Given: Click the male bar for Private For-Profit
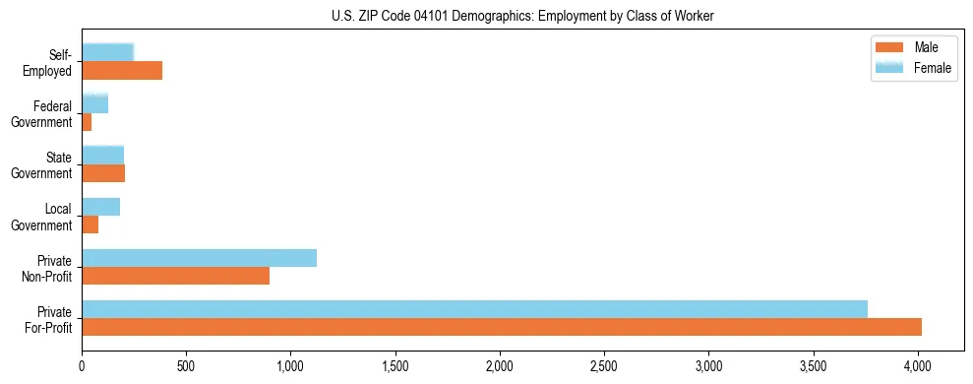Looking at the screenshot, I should [502, 327].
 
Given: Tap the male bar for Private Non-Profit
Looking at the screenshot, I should [175, 276].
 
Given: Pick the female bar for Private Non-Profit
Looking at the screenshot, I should [199, 258].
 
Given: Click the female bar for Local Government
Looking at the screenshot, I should [100, 207].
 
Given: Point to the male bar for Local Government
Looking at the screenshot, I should [90, 224].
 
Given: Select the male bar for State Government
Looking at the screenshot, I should [103, 173].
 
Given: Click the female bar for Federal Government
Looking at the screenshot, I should [94, 104].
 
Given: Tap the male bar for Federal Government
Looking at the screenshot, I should [87, 122].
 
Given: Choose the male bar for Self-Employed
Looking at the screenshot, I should [122, 71].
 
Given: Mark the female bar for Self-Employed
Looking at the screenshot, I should [107, 53].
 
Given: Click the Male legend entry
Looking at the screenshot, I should [914, 48].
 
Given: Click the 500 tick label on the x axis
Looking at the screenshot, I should [186, 365].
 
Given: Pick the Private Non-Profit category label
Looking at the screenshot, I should [48, 268].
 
